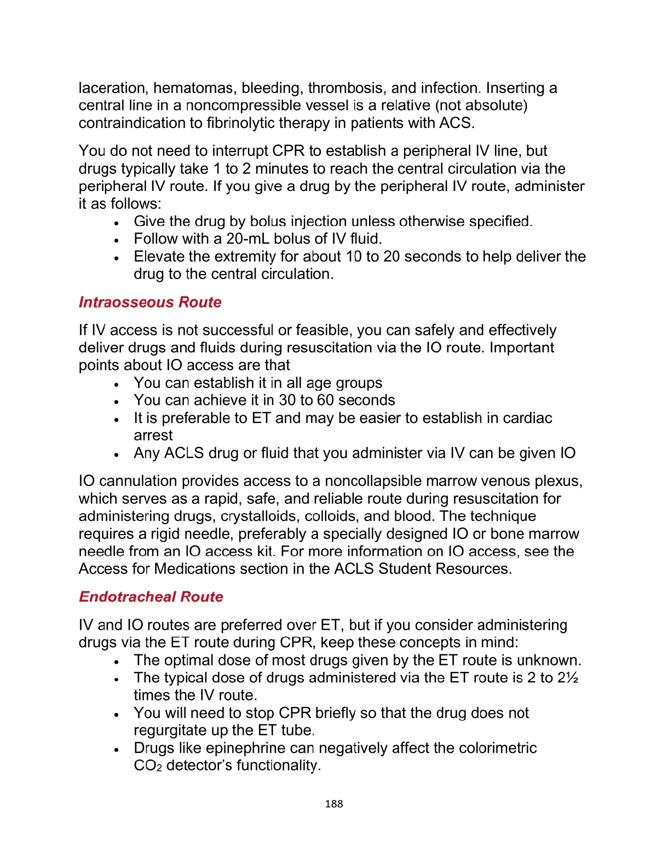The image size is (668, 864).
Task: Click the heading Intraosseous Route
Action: click(150, 302)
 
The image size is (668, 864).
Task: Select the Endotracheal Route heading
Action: click(151, 596)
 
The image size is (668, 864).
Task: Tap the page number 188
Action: click(333, 803)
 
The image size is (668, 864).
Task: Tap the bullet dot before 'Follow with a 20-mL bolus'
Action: click(117, 240)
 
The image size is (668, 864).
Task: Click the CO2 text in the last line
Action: click(147, 766)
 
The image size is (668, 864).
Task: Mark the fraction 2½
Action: click(568, 678)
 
